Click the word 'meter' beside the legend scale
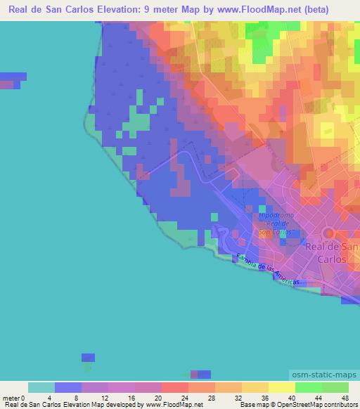click(10, 398)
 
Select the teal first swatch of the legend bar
click(41, 387)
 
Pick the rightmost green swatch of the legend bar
click(335, 387)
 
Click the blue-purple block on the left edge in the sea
click(12, 78)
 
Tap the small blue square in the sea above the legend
click(88, 357)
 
